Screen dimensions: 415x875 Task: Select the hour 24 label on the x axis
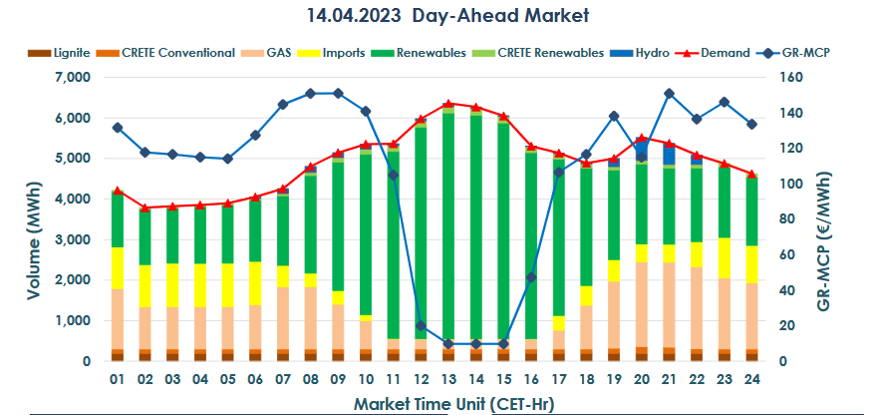[x=750, y=380]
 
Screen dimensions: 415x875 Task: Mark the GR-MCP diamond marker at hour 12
[x=420, y=326]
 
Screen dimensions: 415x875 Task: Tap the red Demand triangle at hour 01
[x=117, y=191]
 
